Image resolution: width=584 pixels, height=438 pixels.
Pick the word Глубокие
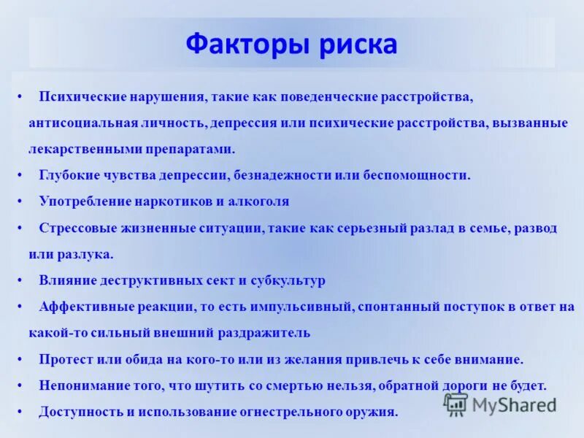68,175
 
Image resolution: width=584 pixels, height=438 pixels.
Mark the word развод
536,228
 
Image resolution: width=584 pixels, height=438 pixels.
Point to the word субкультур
288,280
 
